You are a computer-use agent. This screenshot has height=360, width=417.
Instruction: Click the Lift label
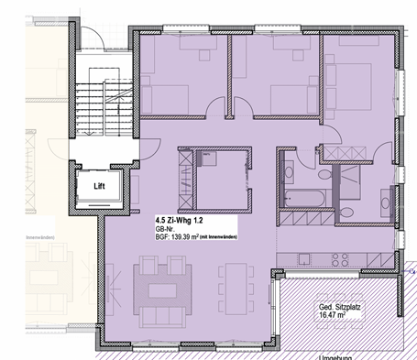[99, 186]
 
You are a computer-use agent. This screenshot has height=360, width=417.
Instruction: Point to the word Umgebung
[340, 356]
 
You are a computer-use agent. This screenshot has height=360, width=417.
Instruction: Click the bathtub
[303, 197]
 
